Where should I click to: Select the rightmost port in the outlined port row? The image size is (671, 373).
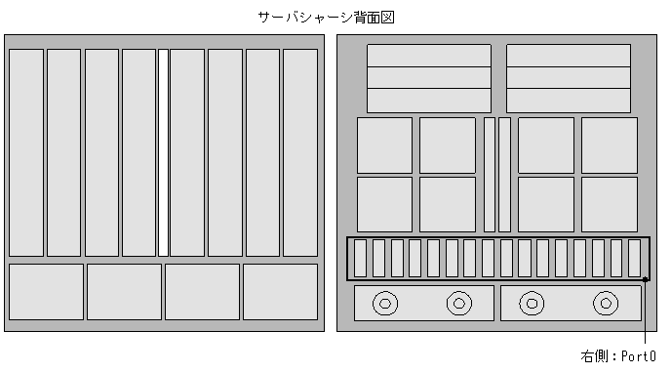click(x=635, y=258)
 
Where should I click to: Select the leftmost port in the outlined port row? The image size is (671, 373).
click(x=360, y=258)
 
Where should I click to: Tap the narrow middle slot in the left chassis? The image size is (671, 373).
click(x=163, y=152)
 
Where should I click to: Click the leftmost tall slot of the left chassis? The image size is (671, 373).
click(x=26, y=152)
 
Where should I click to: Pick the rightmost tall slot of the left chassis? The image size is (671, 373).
click(x=300, y=152)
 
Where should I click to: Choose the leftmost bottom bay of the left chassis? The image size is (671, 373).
click(x=46, y=291)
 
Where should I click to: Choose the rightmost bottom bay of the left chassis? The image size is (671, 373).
click(x=280, y=291)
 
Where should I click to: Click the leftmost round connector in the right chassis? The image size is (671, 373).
click(x=385, y=304)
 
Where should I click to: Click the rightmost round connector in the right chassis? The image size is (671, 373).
click(x=606, y=304)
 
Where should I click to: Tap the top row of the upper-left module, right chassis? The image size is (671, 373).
click(x=429, y=55)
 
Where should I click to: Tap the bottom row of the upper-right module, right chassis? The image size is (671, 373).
click(x=568, y=101)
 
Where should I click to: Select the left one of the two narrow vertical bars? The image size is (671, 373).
click(x=490, y=174)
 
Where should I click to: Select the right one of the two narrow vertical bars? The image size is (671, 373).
click(x=504, y=174)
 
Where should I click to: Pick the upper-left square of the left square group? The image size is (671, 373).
click(x=384, y=145)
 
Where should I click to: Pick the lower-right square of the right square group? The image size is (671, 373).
click(x=610, y=204)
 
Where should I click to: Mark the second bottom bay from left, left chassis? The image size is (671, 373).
click(x=124, y=291)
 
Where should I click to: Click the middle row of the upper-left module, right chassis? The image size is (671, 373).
click(x=429, y=77)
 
